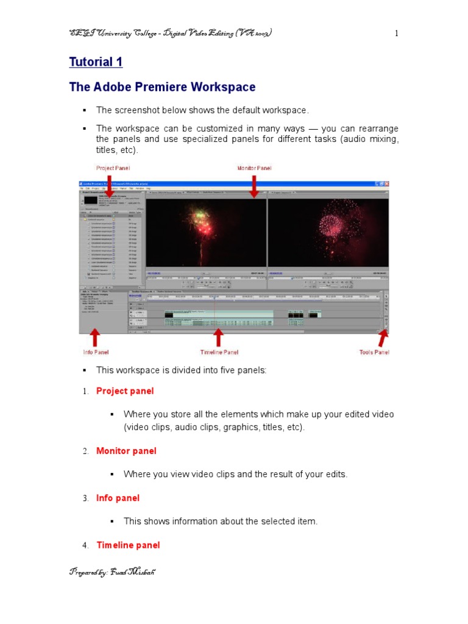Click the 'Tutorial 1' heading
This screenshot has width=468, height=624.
[x=96, y=62]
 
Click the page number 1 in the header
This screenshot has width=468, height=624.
[x=396, y=34]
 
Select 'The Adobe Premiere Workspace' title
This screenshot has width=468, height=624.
[x=162, y=87]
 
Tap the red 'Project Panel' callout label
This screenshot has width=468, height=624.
[x=113, y=168]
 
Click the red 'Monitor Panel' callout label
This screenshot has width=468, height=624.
[x=254, y=168]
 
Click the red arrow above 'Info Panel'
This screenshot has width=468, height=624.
[x=95, y=338]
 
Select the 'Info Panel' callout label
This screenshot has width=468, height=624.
[x=96, y=352]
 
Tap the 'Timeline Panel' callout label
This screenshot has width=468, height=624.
[x=219, y=352]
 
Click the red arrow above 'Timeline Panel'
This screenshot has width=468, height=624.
[x=219, y=338]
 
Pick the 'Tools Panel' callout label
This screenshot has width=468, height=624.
[x=374, y=352]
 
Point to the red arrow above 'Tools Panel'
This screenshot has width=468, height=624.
[x=383, y=338]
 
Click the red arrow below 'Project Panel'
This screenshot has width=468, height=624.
[x=109, y=184]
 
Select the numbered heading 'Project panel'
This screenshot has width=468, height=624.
[x=125, y=391]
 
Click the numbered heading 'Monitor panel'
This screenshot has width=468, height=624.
[x=126, y=451]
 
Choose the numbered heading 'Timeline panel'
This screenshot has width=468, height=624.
[x=128, y=545]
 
